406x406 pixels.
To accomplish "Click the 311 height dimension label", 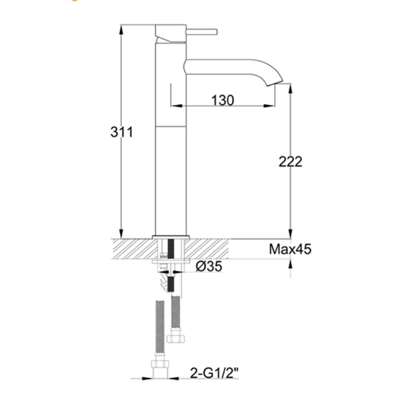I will (x=122, y=132).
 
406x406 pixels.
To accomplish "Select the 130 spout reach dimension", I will (x=222, y=100).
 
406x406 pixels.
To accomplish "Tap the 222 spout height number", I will (x=290, y=162).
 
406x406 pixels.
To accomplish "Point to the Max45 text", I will (x=290, y=249).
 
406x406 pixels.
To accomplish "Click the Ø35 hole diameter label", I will (x=209, y=267).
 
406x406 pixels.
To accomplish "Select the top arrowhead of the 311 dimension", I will (x=121, y=28).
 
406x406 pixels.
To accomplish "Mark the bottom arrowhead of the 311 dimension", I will (x=121, y=234).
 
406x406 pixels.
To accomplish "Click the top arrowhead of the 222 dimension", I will (x=290, y=88).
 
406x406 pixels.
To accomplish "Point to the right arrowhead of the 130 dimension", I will (x=271, y=106).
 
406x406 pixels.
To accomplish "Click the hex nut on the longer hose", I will (x=160, y=363).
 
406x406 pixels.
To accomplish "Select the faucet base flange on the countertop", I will (x=171, y=237).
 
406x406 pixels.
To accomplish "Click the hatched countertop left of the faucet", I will (x=132, y=249).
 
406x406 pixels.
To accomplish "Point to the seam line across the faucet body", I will (x=171, y=126).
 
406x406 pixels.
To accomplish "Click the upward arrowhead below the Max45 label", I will (x=290, y=264).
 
